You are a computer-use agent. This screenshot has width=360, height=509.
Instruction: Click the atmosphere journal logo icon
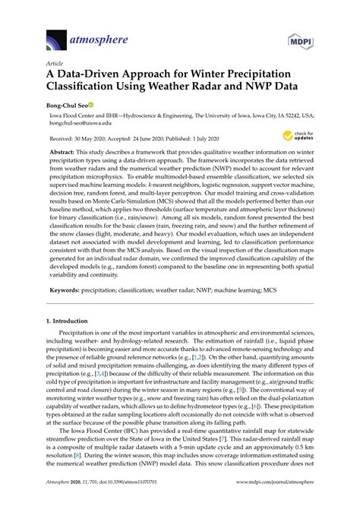click(55, 40)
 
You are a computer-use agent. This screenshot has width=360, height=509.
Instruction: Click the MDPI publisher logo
click(302, 40)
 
